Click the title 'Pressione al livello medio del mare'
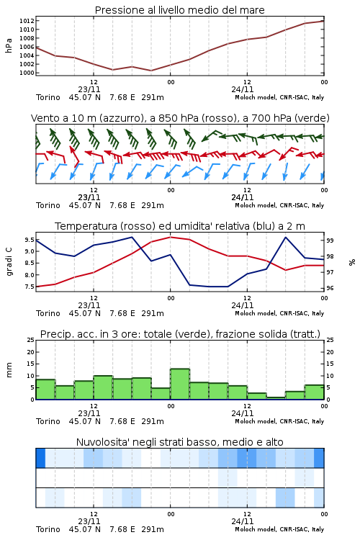[x=179, y=10]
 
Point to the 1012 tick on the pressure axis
[x=27, y=21]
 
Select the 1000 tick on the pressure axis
[x=27, y=73]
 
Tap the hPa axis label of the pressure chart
[x=9, y=45]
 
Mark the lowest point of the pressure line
[x=151, y=71]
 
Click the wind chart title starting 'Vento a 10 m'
[x=180, y=118]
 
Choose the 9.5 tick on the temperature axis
[x=30, y=240]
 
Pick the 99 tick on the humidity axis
[x=330, y=240]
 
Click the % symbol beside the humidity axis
[x=352, y=262]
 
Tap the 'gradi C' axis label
[x=9, y=262]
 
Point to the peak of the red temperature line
[x=170, y=238]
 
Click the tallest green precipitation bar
[x=180, y=384]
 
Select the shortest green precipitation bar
[x=276, y=398]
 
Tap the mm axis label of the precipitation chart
[x=9, y=370]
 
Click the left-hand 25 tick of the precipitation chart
[x=31, y=340]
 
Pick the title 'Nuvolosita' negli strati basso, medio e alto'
[x=179, y=442]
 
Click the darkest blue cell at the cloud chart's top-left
[x=40, y=458]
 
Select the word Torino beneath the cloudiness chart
[x=48, y=529]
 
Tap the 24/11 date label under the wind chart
[x=243, y=198]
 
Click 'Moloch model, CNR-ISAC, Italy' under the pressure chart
[x=279, y=97]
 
